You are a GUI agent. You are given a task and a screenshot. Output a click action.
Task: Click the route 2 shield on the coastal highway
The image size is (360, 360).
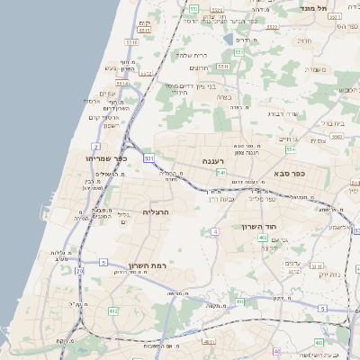[x=95, y=145]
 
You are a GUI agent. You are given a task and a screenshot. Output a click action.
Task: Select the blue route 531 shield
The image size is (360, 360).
[x=148, y=159]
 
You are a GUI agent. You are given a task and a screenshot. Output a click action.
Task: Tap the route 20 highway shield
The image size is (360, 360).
[x=79, y=270]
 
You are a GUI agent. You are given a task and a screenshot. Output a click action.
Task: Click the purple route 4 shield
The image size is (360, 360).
[x=216, y=232]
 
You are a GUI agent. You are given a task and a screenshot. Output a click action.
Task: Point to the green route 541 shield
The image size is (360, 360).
[x=220, y=171]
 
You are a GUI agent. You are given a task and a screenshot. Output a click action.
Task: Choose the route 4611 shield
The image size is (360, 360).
[x=209, y=342]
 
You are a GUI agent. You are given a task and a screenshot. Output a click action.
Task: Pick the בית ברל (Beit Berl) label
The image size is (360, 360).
[x=334, y=122]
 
